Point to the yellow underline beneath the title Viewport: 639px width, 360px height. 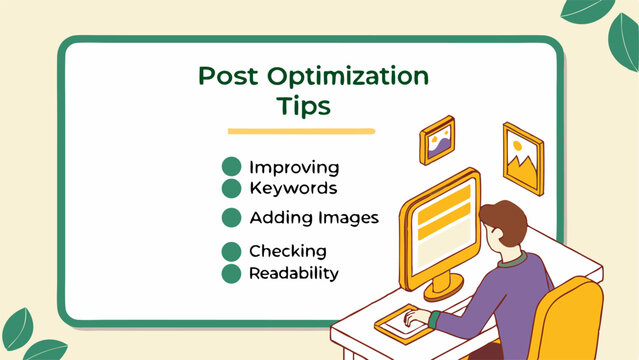300,131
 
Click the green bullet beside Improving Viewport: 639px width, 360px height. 231,167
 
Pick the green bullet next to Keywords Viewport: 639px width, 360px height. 231,187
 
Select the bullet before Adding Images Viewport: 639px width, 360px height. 231,217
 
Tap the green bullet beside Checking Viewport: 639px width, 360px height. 231,251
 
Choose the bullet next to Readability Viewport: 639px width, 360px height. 231,272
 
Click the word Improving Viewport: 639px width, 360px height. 294,168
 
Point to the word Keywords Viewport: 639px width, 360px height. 293,187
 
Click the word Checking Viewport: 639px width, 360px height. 288,251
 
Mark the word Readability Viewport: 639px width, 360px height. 294,272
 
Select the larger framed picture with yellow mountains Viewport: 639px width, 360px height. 523,158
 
